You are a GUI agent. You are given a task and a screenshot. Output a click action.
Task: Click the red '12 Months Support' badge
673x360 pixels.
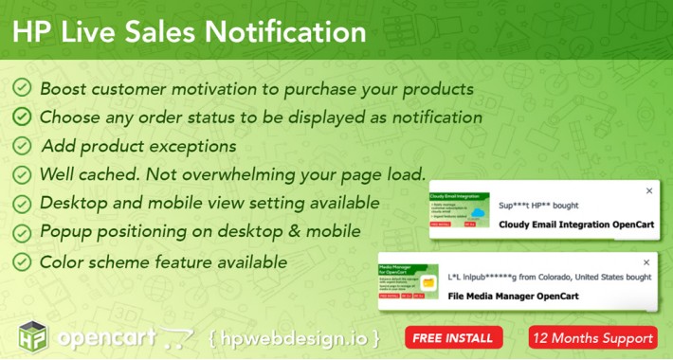(x=592, y=337)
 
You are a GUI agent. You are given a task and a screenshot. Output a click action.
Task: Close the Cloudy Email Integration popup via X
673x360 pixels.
(x=649, y=190)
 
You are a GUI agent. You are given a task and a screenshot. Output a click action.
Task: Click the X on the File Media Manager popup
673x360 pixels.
(x=649, y=261)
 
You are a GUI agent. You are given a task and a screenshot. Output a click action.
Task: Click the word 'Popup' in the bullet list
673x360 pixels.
(x=66, y=232)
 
